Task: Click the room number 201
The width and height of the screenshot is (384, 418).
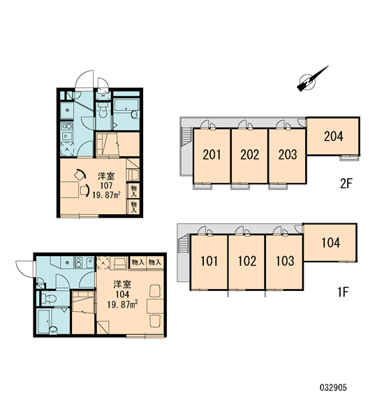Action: [x=212, y=155]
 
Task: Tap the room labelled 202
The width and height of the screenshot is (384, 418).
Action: [x=250, y=155]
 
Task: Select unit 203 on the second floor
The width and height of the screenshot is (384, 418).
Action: [x=288, y=155]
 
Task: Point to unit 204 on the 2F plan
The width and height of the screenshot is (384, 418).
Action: [x=333, y=137]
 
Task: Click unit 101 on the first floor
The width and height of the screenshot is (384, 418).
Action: [x=209, y=261]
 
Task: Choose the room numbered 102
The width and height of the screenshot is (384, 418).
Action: [x=247, y=261]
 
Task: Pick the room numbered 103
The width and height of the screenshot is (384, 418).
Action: [x=285, y=261]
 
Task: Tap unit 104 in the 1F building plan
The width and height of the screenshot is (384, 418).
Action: [x=331, y=243]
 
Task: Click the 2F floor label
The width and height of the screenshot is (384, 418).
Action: [x=346, y=184]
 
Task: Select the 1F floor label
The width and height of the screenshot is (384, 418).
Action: [x=344, y=292]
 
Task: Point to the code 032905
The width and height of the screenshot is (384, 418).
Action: [x=333, y=387]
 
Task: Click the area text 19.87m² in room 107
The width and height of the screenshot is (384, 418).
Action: [x=106, y=195]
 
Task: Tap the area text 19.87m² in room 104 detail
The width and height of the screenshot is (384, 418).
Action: [x=122, y=304]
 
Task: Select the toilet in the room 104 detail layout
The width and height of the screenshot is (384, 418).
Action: [x=49, y=298]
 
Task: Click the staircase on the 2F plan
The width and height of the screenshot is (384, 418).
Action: [x=186, y=137]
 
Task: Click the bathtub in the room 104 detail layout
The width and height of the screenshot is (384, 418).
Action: [x=47, y=321]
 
